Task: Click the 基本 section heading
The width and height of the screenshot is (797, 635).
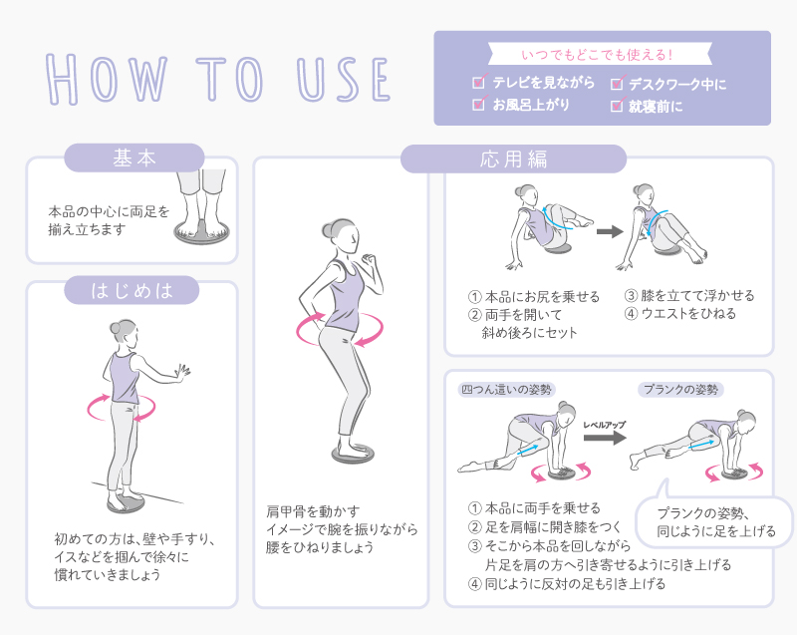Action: click(x=134, y=159)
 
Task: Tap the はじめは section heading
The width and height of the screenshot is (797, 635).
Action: click(x=132, y=290)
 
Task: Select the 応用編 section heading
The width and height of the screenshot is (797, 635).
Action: click(x=513, y=159)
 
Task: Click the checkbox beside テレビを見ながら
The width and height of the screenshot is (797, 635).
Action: click(x=479, y=82)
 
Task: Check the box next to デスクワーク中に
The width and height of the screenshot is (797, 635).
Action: click(x=617, y=83)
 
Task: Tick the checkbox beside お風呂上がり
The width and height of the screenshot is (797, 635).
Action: click(x=479, y=104)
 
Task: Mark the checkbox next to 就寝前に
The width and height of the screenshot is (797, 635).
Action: click(x=617, y=105)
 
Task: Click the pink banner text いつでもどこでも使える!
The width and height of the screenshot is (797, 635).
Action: click(x=597, y=55)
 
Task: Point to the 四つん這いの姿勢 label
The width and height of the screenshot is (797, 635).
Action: click(x=506, y=390)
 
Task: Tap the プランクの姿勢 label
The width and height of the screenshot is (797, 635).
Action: click(x=680, y=390)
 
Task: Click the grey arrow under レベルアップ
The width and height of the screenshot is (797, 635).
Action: click(x=605, y=438)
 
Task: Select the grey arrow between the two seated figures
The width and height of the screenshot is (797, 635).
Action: click(x=610, y=232)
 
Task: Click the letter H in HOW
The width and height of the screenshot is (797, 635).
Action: click(x=62, y=79)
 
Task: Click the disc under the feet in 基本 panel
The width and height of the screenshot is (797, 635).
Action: click(x=202, y=234)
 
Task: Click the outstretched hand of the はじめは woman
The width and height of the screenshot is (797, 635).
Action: click(x=182, y=370)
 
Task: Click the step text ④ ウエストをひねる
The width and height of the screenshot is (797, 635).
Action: click(x=680, y=313)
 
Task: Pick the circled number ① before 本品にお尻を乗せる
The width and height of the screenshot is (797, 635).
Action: click(x=474, y=296)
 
